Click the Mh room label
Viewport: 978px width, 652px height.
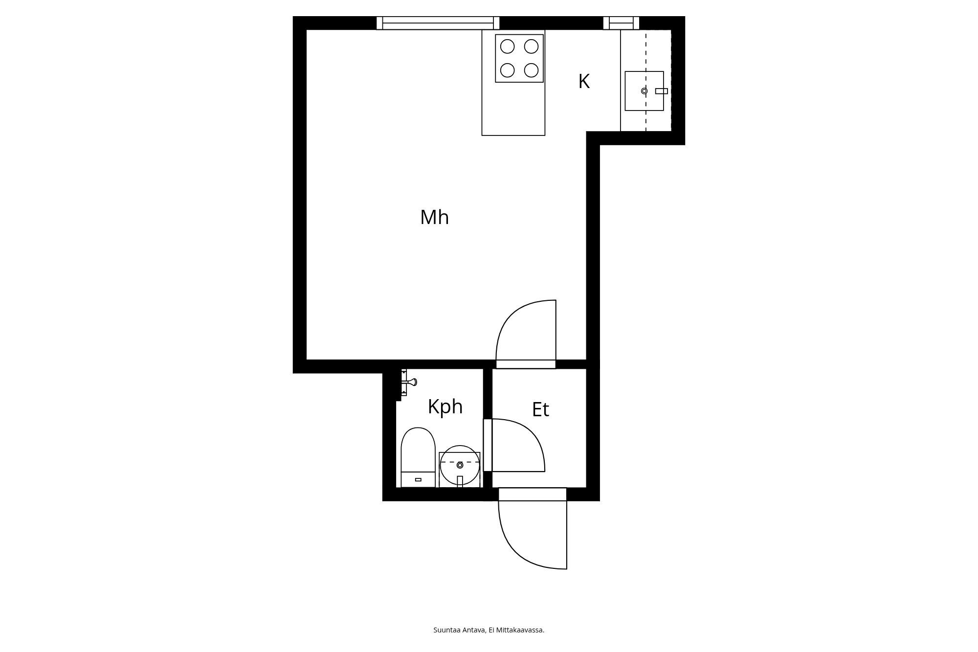pos(434,218)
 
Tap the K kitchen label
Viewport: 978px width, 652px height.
pos(584,82)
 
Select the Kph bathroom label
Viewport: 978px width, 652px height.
pos(445,406)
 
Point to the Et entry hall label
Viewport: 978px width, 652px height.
pos(540,410)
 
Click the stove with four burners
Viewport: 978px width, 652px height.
pos(519,58)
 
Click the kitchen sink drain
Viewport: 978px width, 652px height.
pos(644,91)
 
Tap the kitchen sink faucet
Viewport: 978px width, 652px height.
pos(661,91)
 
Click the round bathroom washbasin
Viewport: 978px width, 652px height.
pos(460,465)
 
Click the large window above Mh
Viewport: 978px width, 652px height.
pos(438,22)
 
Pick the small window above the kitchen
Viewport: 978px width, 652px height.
pos(621,22)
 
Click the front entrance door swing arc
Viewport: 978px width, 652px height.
pos(518,548)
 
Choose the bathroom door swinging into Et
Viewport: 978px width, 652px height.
pos(523,445)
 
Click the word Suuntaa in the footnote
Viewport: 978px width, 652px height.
pos(445,630)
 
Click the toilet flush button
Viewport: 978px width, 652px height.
pos(418,479)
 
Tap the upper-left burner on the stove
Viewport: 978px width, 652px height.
pos(508,46)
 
